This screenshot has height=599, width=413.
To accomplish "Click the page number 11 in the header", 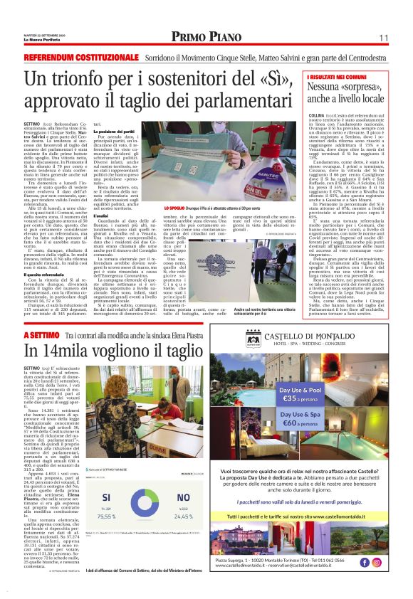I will click(x=382, y=37).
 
